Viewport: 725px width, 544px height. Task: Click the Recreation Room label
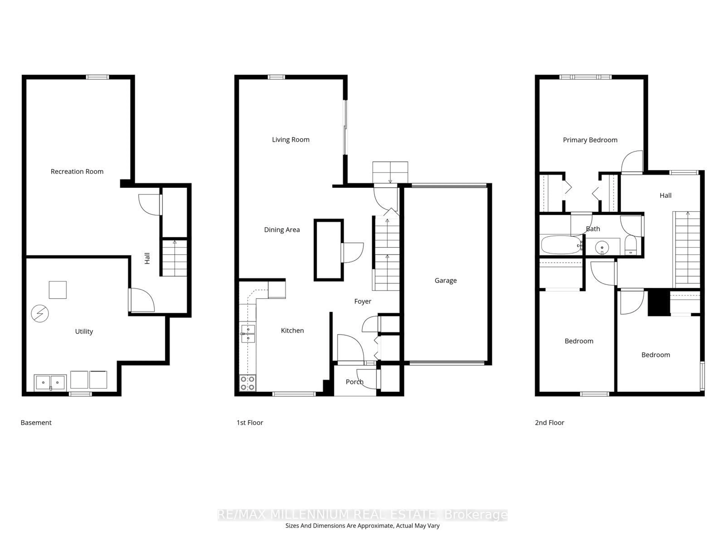coord(77,172)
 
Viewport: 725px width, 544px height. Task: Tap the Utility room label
coord(84,331)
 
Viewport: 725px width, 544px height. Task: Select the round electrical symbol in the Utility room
coord(40,314)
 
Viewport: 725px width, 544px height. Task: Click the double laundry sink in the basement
coord(50,382)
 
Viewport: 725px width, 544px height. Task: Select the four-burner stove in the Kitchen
coord(248,383)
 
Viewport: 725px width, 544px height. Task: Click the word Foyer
coord(362,301)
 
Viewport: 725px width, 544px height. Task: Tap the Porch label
coord(354,382)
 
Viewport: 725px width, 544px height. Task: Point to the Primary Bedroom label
coord(590,140)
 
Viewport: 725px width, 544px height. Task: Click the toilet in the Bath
coord(631,246)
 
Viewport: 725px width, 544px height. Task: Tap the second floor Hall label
coord(665,195)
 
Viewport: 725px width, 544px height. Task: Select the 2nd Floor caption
coord(549,423)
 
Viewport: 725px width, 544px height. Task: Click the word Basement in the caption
coord(36,423)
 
